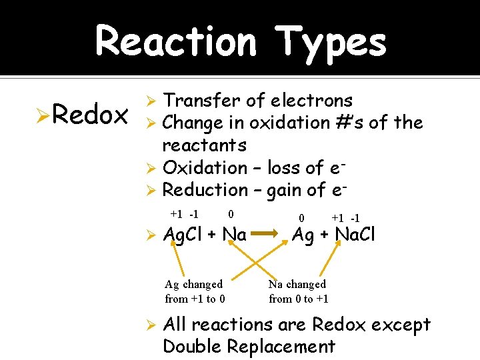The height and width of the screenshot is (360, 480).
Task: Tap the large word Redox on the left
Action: [90, 115]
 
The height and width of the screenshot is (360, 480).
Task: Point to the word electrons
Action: [311, 101]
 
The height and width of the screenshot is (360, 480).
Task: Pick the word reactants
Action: [204, 145]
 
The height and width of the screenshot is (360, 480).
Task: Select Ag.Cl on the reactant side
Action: [183, 235]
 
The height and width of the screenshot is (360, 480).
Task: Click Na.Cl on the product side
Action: [355, 235]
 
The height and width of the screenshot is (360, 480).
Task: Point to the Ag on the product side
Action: [303, 235]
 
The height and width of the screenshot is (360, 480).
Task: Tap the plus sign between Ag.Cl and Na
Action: [212, 235]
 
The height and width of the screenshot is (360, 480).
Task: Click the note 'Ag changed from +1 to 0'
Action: [194, 291]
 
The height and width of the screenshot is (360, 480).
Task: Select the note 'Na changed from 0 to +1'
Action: [298, 291]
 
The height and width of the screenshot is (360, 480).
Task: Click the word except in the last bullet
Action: [396, 325]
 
